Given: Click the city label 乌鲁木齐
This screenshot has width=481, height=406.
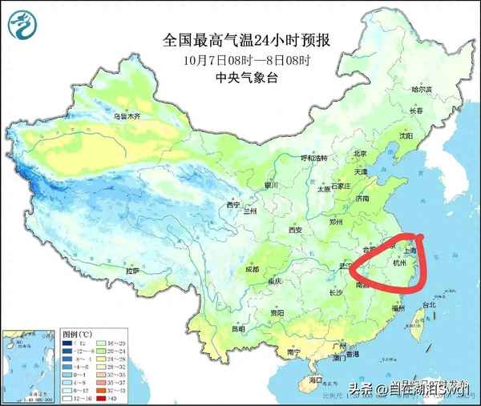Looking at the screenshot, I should (126, 116).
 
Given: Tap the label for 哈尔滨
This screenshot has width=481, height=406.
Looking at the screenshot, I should (422, 90).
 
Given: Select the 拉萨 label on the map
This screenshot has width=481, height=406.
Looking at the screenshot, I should (131, 271).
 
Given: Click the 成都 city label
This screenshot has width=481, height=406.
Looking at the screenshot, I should (253, 269).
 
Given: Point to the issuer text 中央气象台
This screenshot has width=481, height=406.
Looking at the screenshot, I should (240, 78).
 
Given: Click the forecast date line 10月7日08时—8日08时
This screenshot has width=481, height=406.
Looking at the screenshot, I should (240, 59).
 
